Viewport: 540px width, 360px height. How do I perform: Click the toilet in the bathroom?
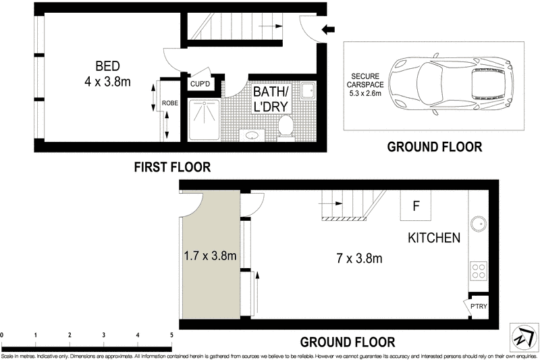point(286,128)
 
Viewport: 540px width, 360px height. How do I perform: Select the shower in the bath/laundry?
point(204,120)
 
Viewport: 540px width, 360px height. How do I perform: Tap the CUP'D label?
point(200,84)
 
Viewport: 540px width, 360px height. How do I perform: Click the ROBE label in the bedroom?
point(170,103)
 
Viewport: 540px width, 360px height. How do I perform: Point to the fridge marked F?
point(416,205)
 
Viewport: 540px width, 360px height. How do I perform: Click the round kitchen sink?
point(479,224)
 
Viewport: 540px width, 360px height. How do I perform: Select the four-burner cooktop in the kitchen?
point(479,270)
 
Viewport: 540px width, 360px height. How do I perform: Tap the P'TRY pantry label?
point(479,306)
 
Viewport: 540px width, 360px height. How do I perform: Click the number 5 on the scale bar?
point(171,334)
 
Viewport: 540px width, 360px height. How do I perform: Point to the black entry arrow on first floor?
point(328,30)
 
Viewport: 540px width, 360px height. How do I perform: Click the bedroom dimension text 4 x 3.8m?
point(107,82)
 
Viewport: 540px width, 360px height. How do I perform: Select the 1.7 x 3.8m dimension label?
point(210,256)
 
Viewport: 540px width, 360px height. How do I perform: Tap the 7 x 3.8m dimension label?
point(359,258)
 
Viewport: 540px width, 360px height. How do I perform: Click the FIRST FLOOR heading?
point(172,167)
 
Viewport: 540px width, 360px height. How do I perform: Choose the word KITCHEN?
point(434,238)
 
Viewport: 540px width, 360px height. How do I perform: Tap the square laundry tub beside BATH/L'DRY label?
point(307,91)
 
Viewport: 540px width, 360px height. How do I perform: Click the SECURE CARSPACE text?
point(365,80)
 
